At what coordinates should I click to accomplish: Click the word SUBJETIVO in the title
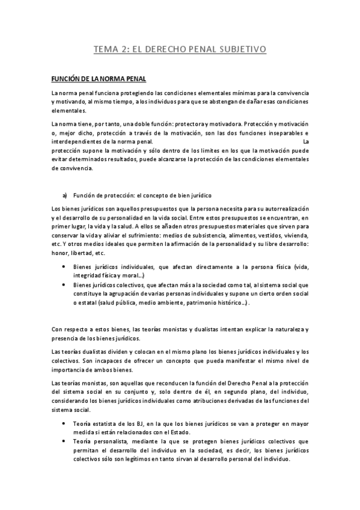click(236, 50)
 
